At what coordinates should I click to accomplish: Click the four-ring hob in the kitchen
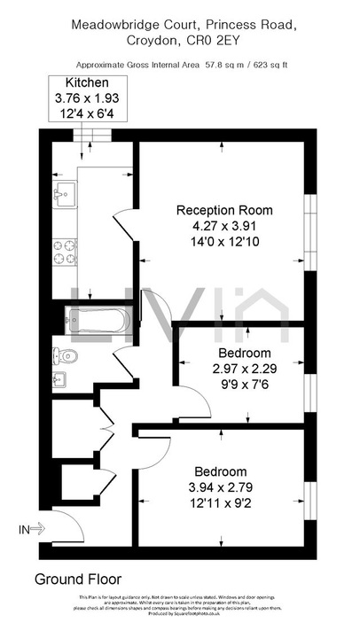tap(65, 251)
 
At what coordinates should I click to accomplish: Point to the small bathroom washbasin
tap(59, 382)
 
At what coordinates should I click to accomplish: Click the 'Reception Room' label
tap(224, 210)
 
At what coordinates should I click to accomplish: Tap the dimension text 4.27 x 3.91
tap(224, 225)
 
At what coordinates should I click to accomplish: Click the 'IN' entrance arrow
tap(32, 530)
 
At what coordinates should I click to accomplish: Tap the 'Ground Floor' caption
tap(77, 580)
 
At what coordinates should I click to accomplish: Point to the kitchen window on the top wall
tap(92, 135)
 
